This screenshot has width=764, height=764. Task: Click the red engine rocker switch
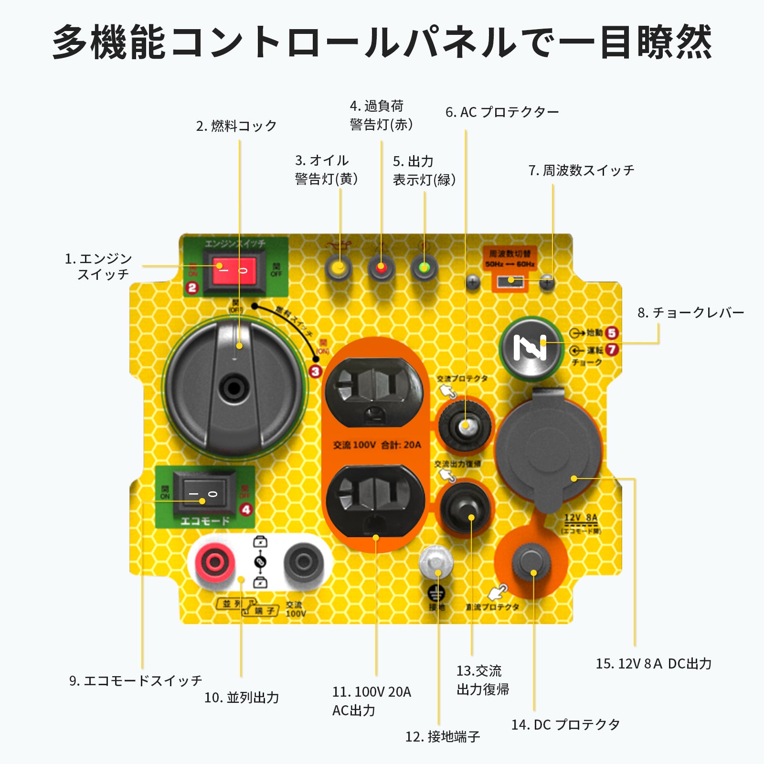pyautogui.click(x=233, y=270)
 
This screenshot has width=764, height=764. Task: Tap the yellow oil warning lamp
pyautogui.click(x=339, y=268)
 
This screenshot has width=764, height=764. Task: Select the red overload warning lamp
pyautogui.click(x=381, y=268)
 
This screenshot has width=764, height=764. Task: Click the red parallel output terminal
pyautogui.click(x=214, y=562)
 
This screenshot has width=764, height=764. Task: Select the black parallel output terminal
pyautogui.click(x=303, y=562)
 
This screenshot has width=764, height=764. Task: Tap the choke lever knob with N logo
pyautogui.click(x=530, y=348)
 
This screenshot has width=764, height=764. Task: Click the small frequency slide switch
pyautogui.click(x=510, y=281)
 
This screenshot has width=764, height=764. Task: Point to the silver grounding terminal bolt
pyautogui.click(x=436, y=562)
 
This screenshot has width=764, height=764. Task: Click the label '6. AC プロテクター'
pyautogui.click(x=502, y=112)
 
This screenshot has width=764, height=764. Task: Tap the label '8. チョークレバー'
pyautogui.click(x=690, y=313)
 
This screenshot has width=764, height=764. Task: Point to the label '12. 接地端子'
pyautogui.click(x=443, y=736)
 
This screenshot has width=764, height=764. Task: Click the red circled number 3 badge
pyautogui.click(x=315, y=371)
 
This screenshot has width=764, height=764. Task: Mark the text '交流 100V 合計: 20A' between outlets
pyautogui.click(x=377, y=445)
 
